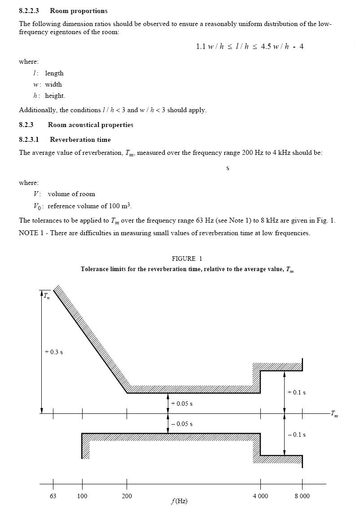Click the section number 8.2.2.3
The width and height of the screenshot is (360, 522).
click(x=29, y=10)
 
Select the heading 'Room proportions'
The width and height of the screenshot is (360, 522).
click(x=79, y=10)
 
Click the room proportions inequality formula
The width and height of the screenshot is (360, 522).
click(x=250, y=46)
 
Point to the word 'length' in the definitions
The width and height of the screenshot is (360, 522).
click(x=54, y=73)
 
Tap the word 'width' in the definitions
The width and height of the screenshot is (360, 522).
click(x=53, y=84)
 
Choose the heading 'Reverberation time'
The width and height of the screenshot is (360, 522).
click(x=80, y=140)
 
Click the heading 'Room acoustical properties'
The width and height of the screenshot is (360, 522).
click(x=90, y=125)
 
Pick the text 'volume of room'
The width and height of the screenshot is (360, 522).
click(x=71, y=194)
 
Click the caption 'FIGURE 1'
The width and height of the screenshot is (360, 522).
click(x=187, y=259)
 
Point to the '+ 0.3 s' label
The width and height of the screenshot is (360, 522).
click(x=54, y=352)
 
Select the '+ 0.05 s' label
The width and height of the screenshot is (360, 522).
click(x=182, y=404)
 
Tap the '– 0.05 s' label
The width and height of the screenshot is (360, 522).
click(x=182, y=424)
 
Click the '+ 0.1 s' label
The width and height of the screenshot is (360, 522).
click(x=296, y=392)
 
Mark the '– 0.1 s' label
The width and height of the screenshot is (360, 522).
click(x=296, y=434)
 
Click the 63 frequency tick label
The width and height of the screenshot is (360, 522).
click(x=53, y=496)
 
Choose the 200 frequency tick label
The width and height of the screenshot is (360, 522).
click(x=127, y=496)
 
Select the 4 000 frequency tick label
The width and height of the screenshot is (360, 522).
click(x=260, y=496)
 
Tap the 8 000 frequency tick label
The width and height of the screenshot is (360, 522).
click(x=302, y=496)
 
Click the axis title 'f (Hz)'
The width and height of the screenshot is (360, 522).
click(x=179, y=501)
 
